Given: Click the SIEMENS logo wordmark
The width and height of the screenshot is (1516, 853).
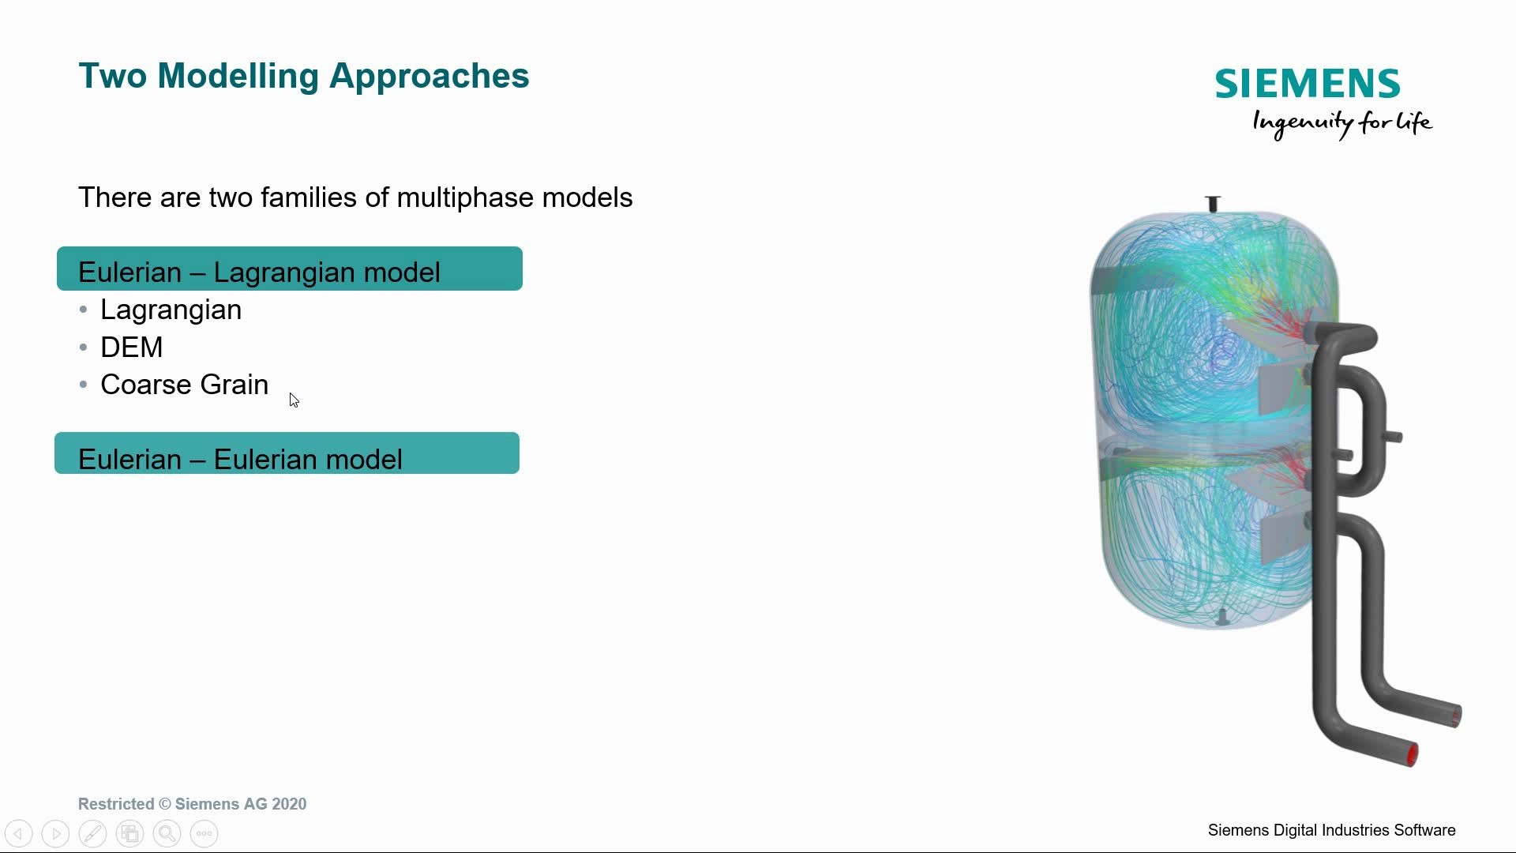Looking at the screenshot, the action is click(x=1308, y=84).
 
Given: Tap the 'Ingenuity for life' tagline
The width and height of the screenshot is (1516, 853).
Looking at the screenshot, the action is click(x=1342, y=124).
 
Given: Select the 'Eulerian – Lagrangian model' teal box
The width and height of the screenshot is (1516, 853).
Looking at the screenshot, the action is click(x=290, y=269).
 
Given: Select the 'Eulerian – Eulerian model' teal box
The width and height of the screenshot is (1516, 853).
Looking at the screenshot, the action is click(x=287, y=453).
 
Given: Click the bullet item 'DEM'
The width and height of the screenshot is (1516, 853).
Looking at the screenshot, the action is click(x=132, y=348).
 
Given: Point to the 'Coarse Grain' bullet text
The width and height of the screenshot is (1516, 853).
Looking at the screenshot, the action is click(x=184, y=385).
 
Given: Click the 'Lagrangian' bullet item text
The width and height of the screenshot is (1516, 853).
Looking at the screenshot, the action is click(x=171, y=310).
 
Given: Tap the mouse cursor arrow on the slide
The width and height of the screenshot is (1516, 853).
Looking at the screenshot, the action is click(x=294, y=400).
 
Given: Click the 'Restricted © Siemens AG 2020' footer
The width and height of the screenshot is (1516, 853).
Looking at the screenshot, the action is click(x=192, y=804).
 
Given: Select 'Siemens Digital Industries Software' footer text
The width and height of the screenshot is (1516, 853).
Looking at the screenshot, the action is click(x=1331, y=830).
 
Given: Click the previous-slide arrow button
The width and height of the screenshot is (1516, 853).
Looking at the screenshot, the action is click(x=19, y=833).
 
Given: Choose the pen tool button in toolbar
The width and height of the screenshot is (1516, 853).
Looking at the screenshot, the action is click(x=92, y=833).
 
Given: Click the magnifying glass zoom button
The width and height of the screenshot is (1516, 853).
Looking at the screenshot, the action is click(x=167, y=833).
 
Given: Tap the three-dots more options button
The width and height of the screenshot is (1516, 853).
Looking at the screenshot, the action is click(x=204, y=833).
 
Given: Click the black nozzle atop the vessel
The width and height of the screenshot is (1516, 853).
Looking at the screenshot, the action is click(x=1213, y=204).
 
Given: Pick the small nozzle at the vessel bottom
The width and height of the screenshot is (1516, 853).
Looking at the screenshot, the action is click(x=1222, y=618).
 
